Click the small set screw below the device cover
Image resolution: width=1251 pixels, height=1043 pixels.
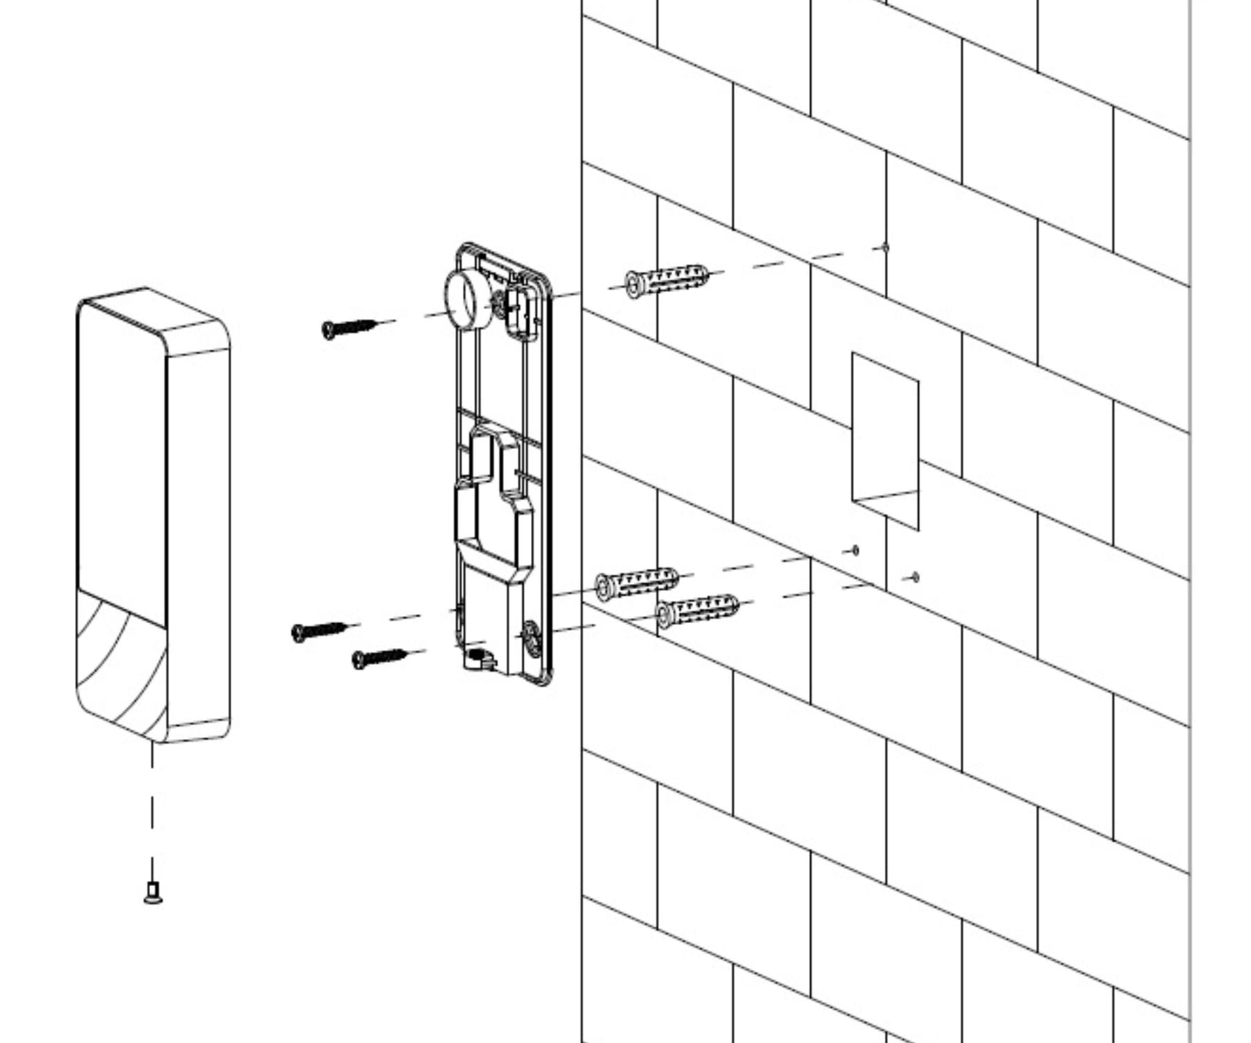click(x=153, y=891)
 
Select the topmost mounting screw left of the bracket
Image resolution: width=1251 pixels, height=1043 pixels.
click(x=348, y=328)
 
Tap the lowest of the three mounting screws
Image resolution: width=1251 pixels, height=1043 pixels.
click(x=379, y=658)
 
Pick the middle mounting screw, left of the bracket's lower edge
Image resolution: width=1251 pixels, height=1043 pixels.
click(x=319, y=631)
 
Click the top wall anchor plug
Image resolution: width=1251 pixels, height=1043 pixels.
click(x=667, y=281)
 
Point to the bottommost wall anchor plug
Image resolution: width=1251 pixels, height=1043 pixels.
click(x=696, y=611)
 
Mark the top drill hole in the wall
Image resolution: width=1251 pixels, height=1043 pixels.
click(x=885, y=248)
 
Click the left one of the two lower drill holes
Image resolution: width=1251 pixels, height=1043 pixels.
click(x=855, y=551)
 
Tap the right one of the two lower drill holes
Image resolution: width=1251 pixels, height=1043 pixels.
click(x=915, y=577)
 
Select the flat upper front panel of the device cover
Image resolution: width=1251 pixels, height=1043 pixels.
click(x=122, y=459)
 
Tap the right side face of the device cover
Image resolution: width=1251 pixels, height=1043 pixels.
click(x=198, y=535)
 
